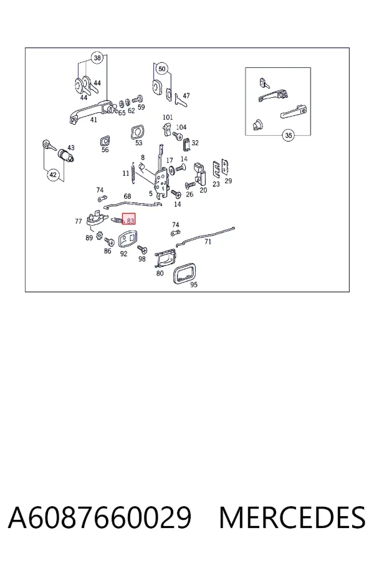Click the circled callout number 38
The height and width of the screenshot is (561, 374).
point(97,57)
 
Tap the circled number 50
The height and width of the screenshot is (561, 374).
point(162,69)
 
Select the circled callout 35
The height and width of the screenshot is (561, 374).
point(289,135)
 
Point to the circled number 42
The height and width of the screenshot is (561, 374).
point(53,175)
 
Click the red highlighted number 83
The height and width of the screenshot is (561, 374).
point(129,219)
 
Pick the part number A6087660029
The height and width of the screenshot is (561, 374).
point(100,518)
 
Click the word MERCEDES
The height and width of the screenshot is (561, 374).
point(292,518)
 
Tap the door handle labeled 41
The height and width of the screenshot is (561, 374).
point(90,112)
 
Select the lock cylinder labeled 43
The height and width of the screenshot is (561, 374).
point(66,156)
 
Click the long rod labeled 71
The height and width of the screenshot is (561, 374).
point(206,236)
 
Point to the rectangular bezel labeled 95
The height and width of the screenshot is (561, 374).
point(185,272)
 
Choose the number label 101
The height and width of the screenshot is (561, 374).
point(168,117)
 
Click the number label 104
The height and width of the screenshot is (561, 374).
point(181,127)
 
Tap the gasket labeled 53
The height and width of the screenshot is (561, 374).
point(137,132)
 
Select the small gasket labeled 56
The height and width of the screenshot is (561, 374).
point(105,141)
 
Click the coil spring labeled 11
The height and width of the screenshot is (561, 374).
point(133,173)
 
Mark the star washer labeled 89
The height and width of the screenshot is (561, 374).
point(100,236)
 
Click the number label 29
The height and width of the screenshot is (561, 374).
point(228,181)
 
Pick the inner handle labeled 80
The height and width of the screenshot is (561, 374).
point(166,258)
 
